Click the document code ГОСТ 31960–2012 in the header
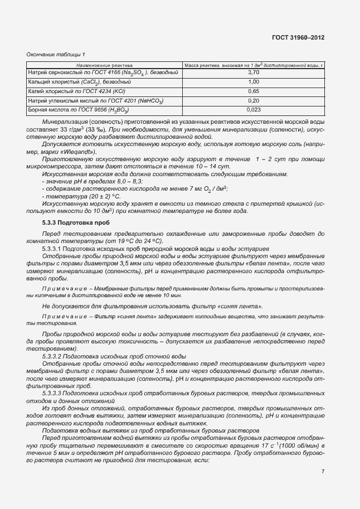(298, 37)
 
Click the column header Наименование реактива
(101, 65)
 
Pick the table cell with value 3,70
(254, 72)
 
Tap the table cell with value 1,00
(254, 82)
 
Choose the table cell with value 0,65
(254, 91)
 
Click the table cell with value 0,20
(254, 101)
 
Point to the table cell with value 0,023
(254, 110)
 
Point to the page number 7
(323, 472)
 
